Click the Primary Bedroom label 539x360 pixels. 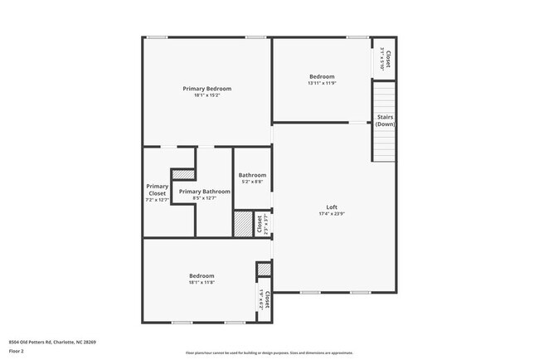(206, 88)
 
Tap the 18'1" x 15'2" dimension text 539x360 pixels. (206, 95)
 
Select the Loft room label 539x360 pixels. (331, 207)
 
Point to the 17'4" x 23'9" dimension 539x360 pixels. (331, 213)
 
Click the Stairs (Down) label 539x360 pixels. (385, 120)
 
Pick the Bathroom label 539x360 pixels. (252, 175)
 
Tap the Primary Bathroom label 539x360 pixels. (204, 192)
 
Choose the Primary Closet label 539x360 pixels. (157, 190)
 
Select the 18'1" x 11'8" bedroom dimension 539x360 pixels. (202, 282)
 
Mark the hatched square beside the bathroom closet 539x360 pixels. (242, 226)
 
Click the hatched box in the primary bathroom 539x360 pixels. (183, 174)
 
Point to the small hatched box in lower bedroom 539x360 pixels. (264, 270)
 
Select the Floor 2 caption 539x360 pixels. (17, 352)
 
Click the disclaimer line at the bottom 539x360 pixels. (269, 353)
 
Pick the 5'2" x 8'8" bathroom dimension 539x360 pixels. (252, 182)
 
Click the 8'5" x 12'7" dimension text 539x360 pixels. (204, 198)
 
